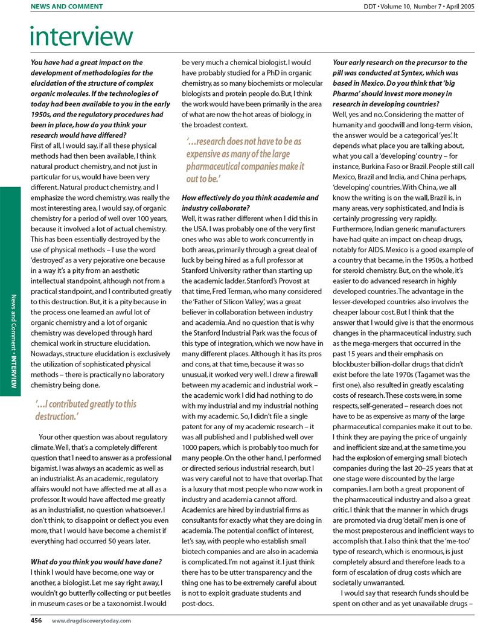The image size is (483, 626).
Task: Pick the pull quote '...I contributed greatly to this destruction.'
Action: pos(86,410)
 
